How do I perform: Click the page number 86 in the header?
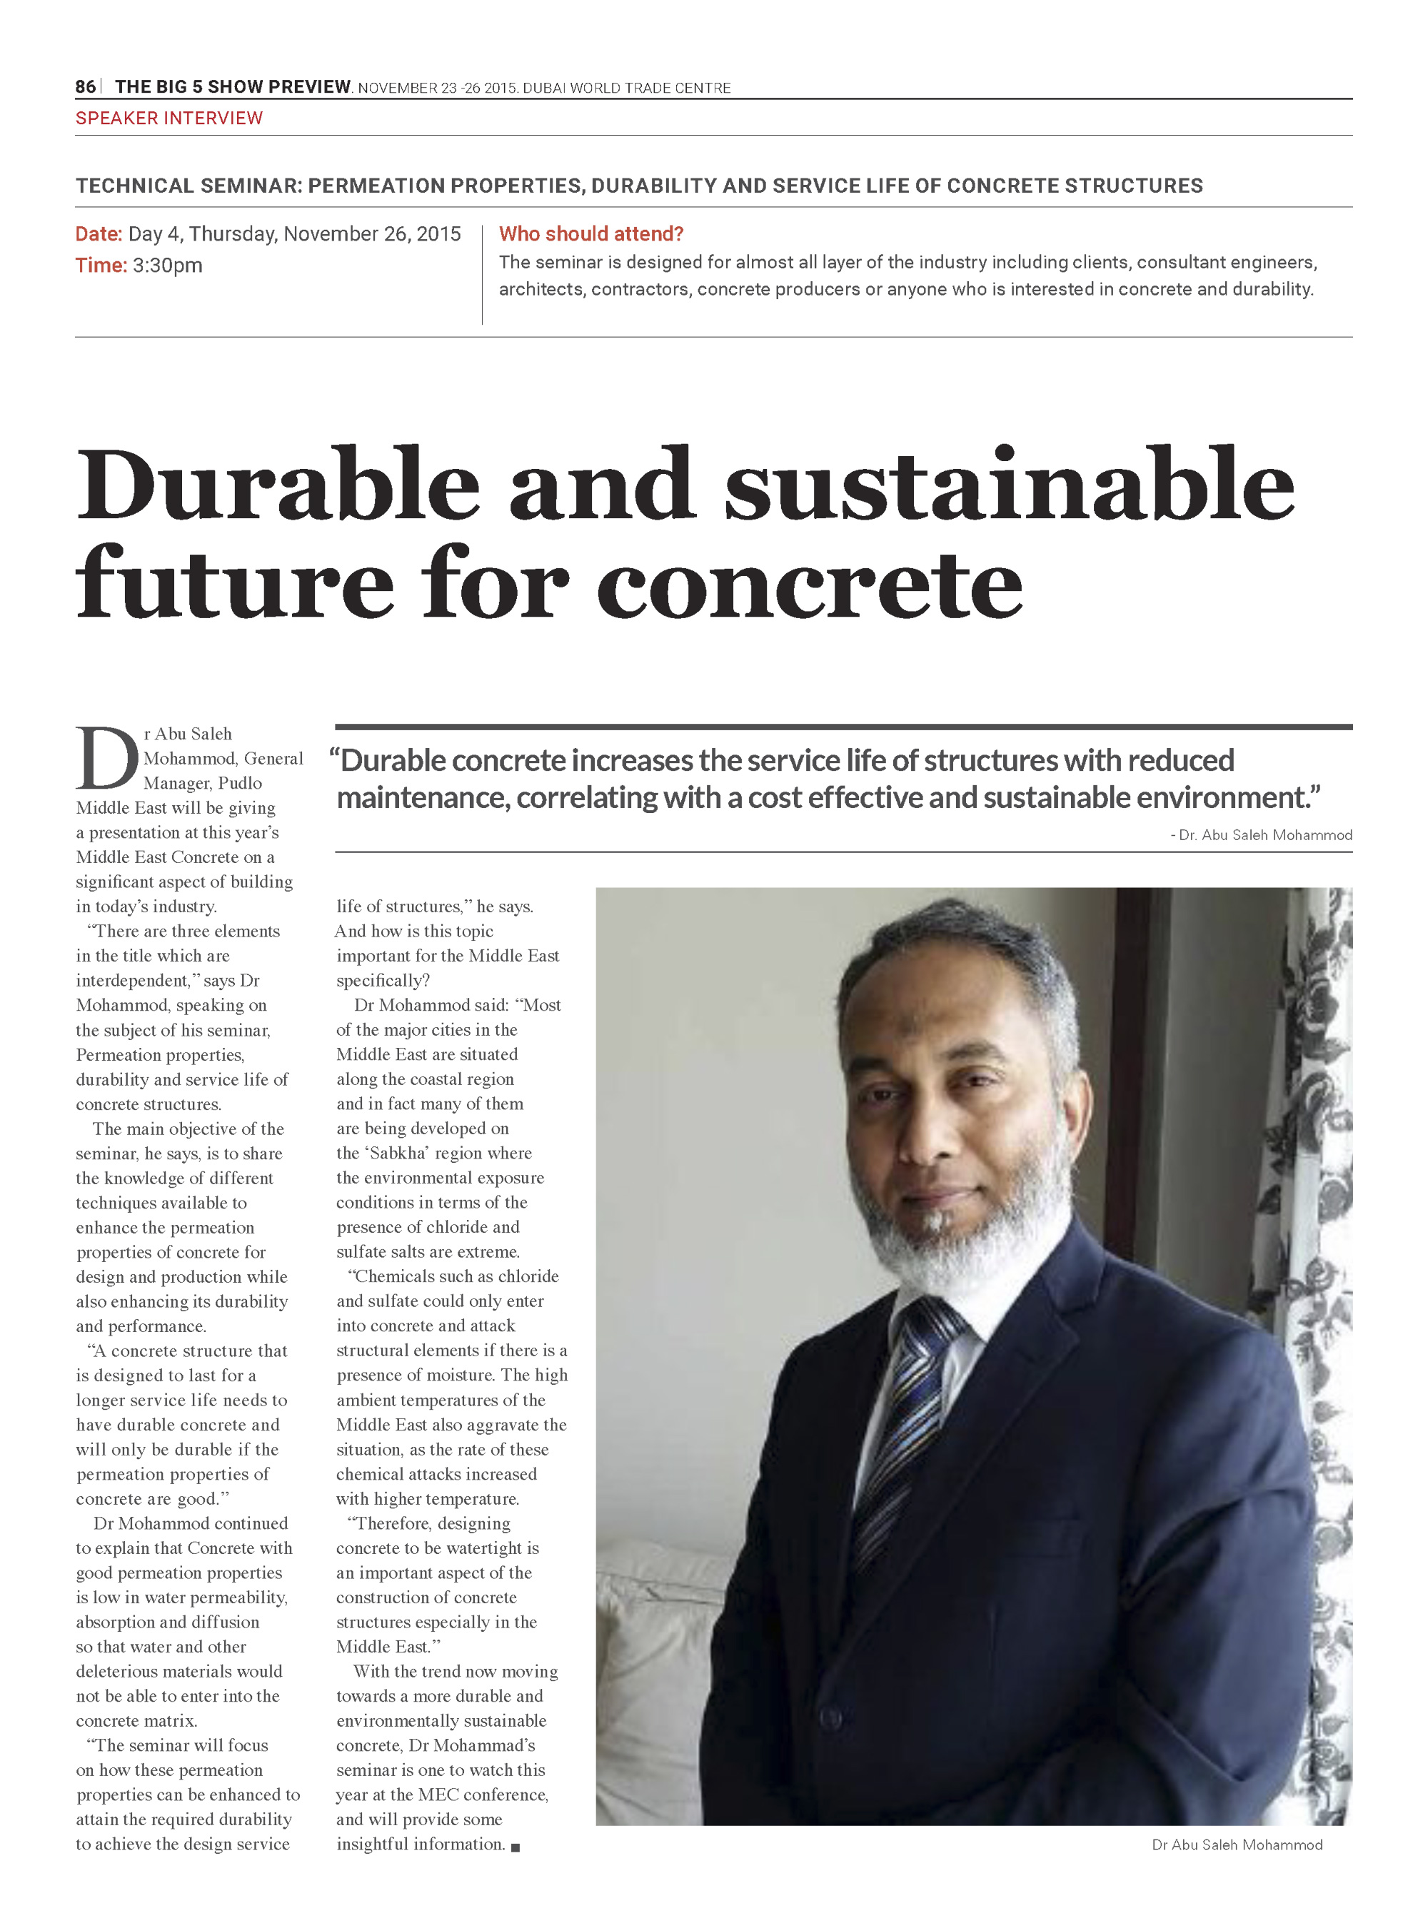coord(85,86)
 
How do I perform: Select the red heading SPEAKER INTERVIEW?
coord(169,118)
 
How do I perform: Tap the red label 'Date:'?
coord(99,234)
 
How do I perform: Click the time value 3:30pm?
coord(167,266)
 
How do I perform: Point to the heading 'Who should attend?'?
coord(591,234)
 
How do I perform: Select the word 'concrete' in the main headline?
coord(810,583)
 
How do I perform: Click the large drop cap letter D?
coord(107,758)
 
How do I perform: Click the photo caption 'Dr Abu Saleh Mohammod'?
coord(1237,1845)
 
